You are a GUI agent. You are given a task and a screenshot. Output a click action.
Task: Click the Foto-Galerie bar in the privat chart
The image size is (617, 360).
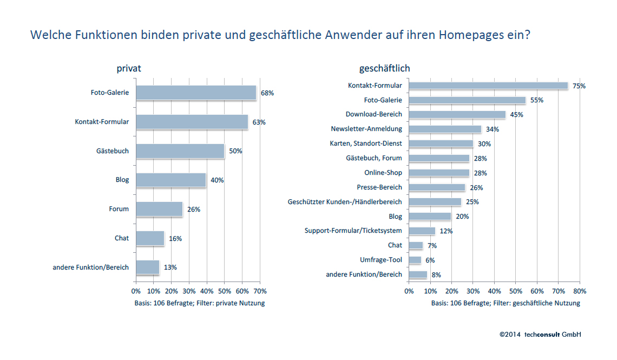click(195, 93)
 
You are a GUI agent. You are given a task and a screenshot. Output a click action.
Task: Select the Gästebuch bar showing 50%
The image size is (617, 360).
click(180, 151)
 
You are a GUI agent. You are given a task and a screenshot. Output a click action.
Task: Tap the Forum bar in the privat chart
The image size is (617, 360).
click(159, 209)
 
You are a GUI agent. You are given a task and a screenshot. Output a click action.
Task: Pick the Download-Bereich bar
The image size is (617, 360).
click(457, 115)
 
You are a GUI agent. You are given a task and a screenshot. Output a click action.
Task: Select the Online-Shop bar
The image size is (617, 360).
click(439, 173)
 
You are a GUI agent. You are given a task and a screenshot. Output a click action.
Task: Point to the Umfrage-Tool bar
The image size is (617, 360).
click(415, 260)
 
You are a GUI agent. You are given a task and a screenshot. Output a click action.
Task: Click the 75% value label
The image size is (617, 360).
click(579, 86)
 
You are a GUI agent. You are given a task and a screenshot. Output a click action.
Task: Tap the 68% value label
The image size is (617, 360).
click(267, 93)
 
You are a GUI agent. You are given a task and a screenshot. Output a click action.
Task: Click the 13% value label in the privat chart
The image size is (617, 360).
click(170, 267)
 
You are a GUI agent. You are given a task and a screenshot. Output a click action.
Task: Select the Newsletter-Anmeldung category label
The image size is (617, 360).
click(366, 129)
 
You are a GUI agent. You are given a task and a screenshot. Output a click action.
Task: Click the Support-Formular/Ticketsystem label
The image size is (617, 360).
click(353, 231)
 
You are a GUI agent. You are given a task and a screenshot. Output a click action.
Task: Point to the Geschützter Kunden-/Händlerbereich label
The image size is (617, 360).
click(345, 202)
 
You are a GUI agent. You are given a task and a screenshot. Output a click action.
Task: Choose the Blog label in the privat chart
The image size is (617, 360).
click(122, 180)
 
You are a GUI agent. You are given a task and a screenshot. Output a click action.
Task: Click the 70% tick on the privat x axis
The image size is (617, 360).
click(260, 291)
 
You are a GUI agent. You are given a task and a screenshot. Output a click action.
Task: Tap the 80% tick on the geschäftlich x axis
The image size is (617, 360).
click(579, 291)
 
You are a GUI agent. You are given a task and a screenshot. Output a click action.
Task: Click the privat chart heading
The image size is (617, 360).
click(129, 68)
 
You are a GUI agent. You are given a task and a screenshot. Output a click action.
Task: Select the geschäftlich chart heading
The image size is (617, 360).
click(384, 68)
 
